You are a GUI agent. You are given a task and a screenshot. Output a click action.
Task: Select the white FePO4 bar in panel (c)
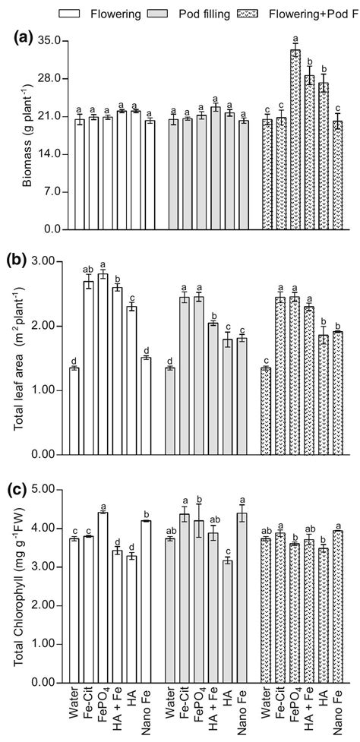[x=103, y=597]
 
